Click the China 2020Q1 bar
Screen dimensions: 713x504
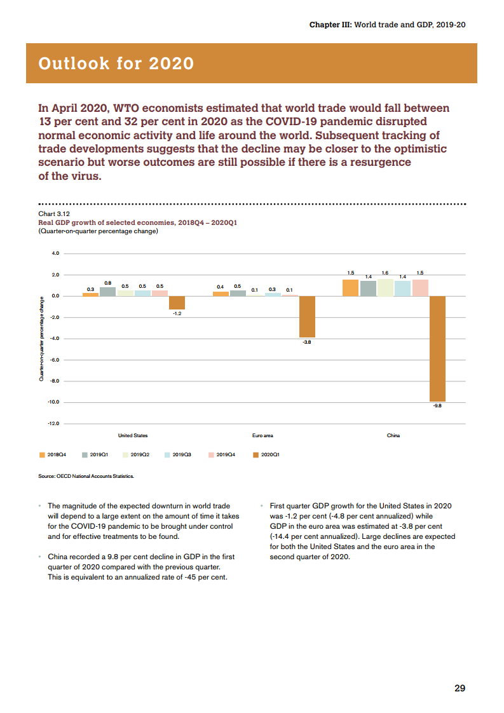click(x=437, y=348)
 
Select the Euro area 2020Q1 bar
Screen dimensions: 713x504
click(x=307, y=316)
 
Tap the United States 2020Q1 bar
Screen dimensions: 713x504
click(x=177, y=302)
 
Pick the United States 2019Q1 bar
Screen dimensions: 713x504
click(x=107, y=292)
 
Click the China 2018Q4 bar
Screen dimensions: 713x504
click(x=350, y=287)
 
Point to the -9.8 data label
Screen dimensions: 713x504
click(x=437, y=405)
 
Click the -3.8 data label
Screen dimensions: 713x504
click(x=307, y=342)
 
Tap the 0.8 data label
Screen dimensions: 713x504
click(x=108, y=283)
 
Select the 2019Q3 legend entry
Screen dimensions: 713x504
click(x=178, y=455)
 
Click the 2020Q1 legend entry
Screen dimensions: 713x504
click(x=266, y=455)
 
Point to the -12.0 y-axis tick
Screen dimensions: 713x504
click(x=53, y=423)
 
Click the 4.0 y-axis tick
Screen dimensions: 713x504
click(x=55, y=254)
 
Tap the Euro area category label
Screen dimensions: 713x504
click(x=262, y=435)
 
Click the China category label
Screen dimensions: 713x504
click(x=393, y=435)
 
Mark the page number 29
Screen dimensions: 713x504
click(x=460, y=688)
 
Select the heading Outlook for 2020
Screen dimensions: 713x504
click(x=116, y=64)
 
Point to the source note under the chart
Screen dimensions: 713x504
click(x=86, y=475)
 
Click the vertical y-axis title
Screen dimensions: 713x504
click(x=42, y=339)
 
